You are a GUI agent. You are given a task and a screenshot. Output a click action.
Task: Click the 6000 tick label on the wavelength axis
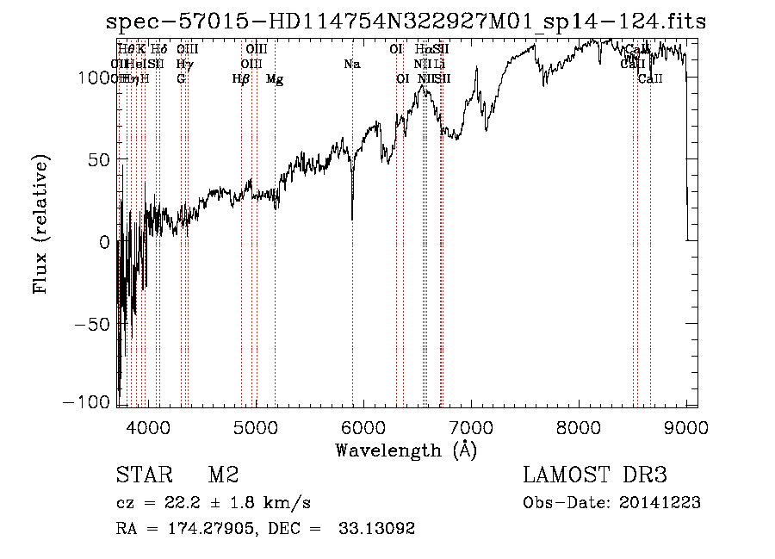[363, 426]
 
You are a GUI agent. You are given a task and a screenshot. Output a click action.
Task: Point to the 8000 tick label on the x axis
[579, 426]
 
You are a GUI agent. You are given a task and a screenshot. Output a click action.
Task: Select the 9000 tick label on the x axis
[686, 426]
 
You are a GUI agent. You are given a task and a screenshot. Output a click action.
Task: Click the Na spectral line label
[351, 64]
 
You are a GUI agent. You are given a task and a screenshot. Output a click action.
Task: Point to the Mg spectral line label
[275, 79]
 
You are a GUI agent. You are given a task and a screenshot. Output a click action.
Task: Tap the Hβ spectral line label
[241, 79]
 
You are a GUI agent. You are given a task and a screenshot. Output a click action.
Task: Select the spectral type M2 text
[223, 475]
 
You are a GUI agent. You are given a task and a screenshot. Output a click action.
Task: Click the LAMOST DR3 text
[595, 475]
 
